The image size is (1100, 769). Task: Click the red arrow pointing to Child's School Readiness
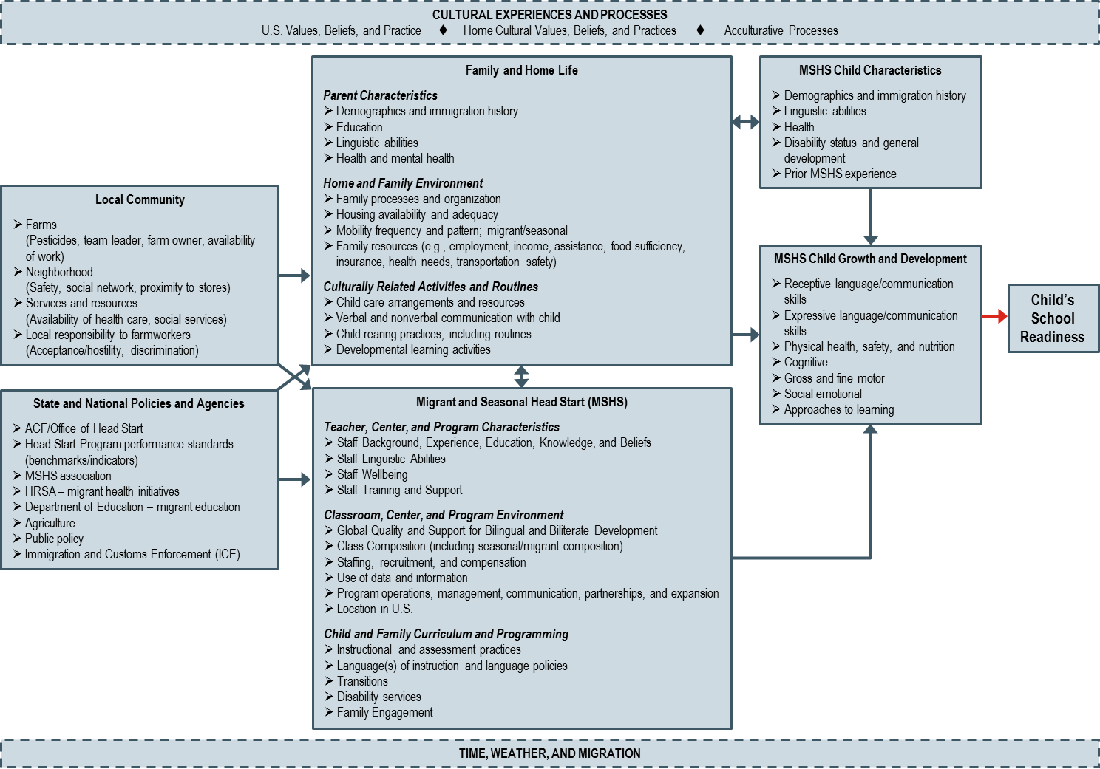point(995,317)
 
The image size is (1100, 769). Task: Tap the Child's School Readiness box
point(1052,318)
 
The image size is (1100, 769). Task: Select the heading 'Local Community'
point(140,199)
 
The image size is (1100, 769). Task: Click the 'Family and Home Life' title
point(521,70)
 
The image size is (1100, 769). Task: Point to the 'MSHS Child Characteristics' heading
point(870,70)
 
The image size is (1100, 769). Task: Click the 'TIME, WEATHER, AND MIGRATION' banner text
point(549,753)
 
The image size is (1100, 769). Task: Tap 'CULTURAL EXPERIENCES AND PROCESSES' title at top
point(549,15)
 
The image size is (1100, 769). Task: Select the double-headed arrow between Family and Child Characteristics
point(745,122)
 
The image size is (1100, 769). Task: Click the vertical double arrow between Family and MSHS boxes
point(522,377)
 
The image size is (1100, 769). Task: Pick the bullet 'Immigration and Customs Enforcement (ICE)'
point(132,554)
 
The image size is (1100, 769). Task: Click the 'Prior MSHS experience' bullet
point(840,174)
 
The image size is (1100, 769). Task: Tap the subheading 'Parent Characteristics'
point(380,95)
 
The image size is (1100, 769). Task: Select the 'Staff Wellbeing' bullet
point(372,474)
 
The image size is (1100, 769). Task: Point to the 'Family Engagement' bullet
point(384,712)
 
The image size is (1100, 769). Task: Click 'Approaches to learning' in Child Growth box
point(838,409)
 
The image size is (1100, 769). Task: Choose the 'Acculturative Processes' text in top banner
point(781,30)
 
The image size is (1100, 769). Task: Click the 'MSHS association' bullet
point(68,476)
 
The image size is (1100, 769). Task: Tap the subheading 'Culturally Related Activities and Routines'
point(430,287)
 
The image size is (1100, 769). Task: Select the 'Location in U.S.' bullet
point(374,609)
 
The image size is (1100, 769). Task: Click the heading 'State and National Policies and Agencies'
point(138,403)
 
